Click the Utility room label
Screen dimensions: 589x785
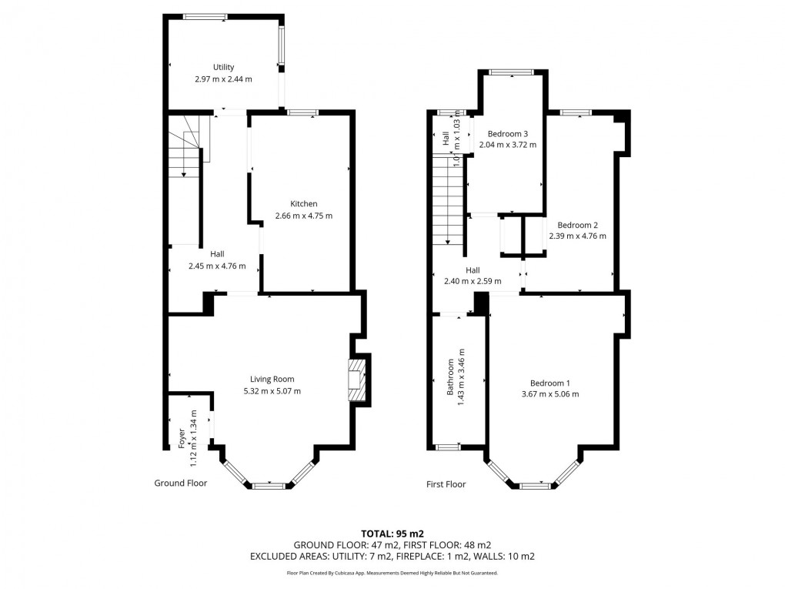pos(223,67)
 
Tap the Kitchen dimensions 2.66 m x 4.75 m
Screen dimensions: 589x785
pos(303,216)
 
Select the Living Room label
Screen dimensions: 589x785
pos(272,379)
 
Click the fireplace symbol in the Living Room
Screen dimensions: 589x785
pos(356,380)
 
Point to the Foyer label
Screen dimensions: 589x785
pos(182,439)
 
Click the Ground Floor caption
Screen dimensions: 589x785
pos(180,484)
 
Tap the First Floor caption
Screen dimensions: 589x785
pos(446,484)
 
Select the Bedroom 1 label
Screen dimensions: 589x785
pos(549,383)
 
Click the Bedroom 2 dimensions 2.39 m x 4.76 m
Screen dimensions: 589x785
pos(577,236)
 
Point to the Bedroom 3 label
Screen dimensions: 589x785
pos(507,133)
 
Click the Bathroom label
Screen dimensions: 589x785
pos(451,377)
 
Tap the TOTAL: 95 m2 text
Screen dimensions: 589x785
pos(392,533)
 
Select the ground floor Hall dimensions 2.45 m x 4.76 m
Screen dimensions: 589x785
pos(217,266)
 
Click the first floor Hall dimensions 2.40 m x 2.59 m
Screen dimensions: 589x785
pos(473,281)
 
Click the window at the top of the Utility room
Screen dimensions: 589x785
pos(205,15)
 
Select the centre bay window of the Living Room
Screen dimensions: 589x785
pos(268,485)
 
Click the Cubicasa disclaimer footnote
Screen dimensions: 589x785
pos(392,573)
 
